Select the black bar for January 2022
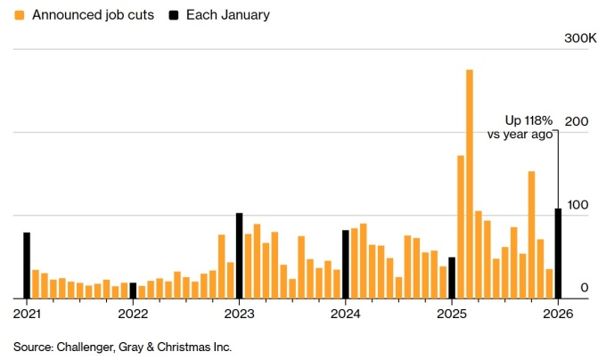point(133,290)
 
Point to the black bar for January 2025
point(452,277)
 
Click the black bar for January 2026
point(559,253)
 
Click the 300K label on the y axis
point(581,39)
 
